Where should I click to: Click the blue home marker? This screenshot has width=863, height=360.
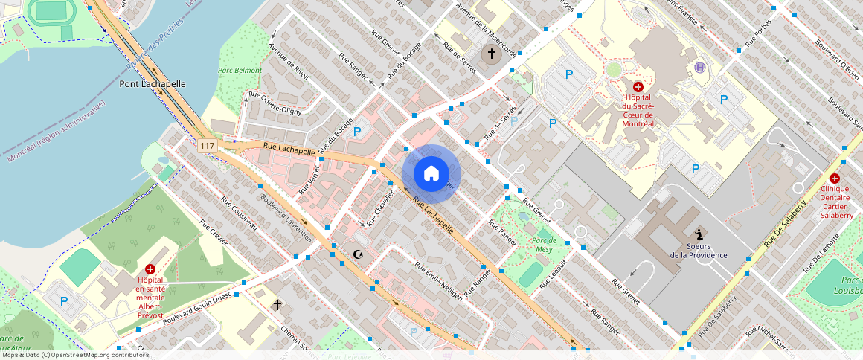pos(431,174)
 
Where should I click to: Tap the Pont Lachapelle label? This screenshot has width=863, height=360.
pos(153,84)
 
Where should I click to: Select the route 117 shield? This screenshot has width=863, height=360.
pos(208,147)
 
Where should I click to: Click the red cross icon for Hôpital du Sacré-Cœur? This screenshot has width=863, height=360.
pos(638,87)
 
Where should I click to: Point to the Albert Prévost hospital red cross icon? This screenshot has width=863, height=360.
pos(150,269)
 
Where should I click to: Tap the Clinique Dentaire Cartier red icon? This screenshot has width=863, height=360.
pos(834,179)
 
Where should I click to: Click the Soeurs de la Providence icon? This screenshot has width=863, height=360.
pos(698,234)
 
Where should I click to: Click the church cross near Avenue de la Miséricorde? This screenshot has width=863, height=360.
pos(490,53)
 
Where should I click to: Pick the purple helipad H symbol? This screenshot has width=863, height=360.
pos(699,68)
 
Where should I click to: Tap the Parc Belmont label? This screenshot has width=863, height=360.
pos(240,71)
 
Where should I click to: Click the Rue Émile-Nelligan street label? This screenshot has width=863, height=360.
pos(439,280)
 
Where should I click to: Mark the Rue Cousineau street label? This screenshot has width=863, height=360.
pos(239,213)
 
